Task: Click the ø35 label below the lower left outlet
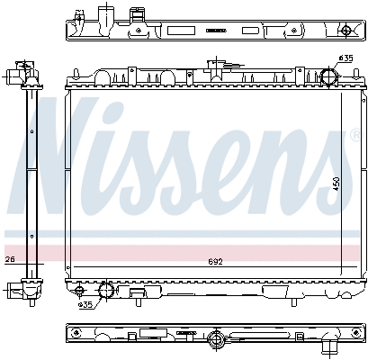point(86,305)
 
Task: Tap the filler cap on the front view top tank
point(216,67)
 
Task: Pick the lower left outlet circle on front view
point(105,290)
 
